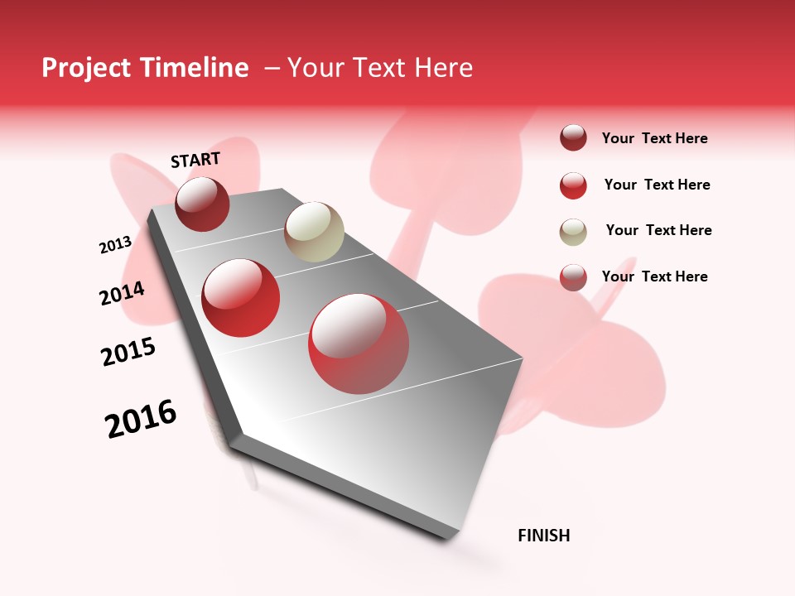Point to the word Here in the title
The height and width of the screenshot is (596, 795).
tap(443, 68)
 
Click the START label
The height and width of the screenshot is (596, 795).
tap(195, 160)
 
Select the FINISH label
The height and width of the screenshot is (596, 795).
tap(543, 536)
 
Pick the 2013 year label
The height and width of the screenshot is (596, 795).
tap(115, 245)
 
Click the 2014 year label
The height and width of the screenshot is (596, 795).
tap(122, 293)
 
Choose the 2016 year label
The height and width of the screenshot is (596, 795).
tap(141, 420)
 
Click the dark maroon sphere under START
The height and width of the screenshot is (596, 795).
tap(202, 204)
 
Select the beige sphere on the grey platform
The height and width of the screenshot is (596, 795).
tap(314, 231)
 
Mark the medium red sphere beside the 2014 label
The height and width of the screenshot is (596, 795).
tap(241, 298)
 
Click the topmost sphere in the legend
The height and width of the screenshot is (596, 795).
tap(573, 137)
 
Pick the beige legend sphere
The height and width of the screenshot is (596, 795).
tap(573, 231)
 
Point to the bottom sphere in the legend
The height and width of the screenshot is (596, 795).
tap(573, 277)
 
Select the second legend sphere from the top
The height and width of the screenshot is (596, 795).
tap(573, 185)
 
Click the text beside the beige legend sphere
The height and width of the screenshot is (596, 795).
tap(658, 230)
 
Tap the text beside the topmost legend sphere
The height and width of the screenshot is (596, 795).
tap(654, 138)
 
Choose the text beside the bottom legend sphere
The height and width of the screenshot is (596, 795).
tap(654, 276)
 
